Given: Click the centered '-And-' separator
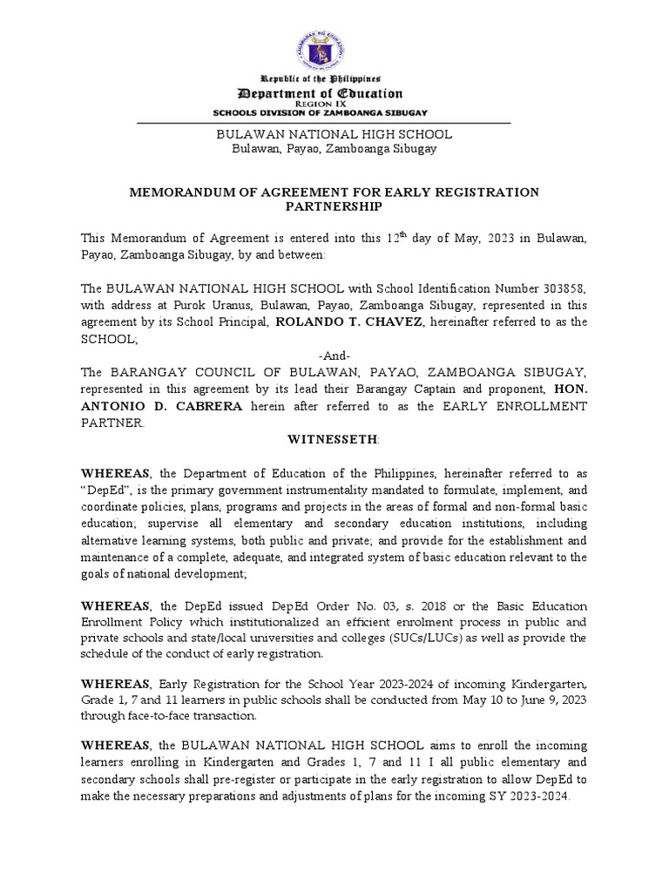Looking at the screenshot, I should point(334,355).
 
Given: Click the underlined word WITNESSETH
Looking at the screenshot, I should point(333,441).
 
